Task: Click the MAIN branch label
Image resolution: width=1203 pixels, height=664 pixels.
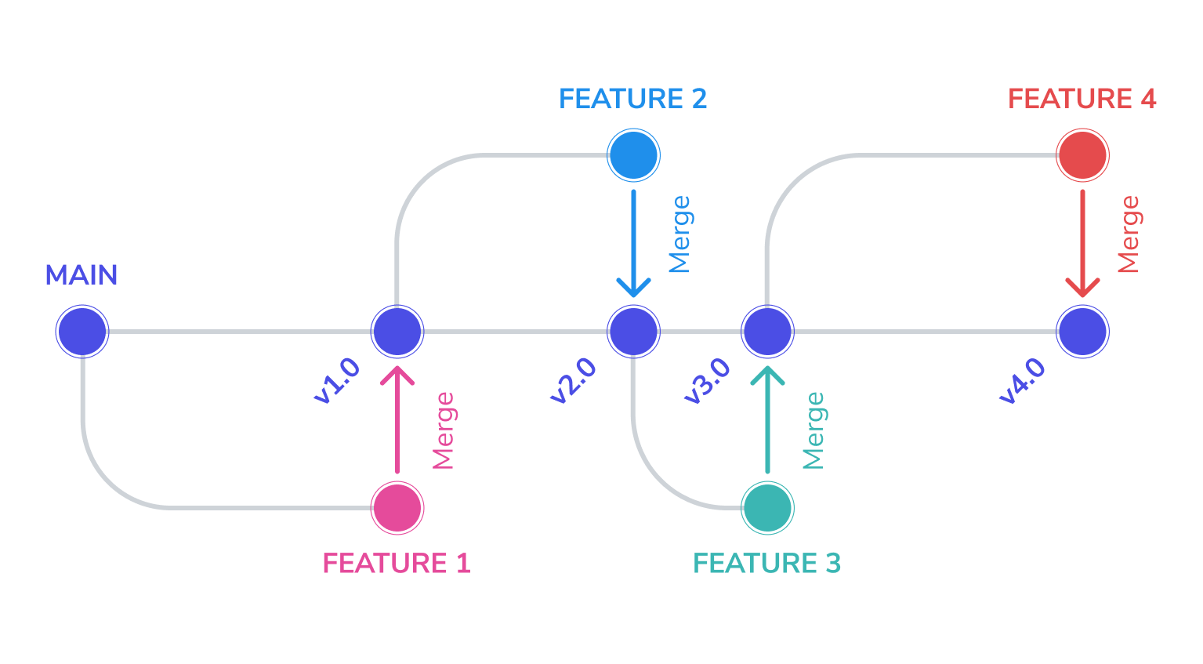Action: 81,275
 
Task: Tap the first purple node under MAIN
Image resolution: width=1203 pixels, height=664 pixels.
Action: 82,332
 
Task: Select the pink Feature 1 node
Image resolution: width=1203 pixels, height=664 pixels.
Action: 397,508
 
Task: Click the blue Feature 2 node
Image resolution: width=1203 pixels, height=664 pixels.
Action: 634,155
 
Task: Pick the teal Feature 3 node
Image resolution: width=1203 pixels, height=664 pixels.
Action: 767,508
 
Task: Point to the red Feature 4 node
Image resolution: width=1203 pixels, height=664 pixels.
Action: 1083,155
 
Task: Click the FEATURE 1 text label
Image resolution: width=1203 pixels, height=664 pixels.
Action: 397,563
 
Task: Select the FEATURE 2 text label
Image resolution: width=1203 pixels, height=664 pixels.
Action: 633,99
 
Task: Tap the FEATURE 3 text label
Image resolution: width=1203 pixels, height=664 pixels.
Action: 767,563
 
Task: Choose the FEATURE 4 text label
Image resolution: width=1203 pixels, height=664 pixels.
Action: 1082,99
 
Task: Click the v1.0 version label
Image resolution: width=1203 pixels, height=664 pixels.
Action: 337,381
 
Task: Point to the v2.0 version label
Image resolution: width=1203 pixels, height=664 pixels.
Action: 574,381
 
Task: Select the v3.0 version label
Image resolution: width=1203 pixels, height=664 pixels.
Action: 707,381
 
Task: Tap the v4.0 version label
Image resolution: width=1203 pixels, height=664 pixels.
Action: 1023,381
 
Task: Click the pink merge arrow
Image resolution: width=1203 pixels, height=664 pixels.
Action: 397,419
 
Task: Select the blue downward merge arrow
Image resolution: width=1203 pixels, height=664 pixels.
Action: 634,243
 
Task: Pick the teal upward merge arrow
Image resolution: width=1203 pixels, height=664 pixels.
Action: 767,419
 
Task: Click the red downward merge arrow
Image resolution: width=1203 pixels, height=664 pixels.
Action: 1083,243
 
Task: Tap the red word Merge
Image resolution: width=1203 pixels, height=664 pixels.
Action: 1129,234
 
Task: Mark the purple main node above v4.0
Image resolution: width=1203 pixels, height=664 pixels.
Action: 1083,332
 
